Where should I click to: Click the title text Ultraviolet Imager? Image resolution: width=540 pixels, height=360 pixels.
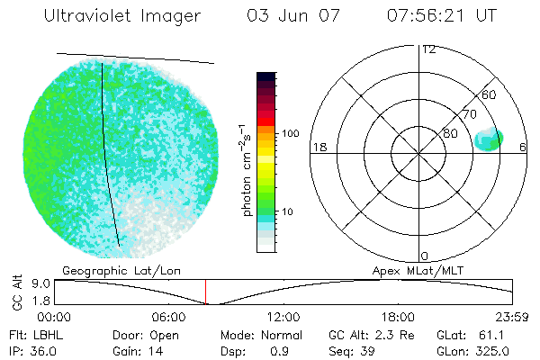tap(122, 16)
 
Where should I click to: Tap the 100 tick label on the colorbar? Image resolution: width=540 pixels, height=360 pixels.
tap(291, 133)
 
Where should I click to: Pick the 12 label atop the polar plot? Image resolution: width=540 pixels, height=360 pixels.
tap(428, 49)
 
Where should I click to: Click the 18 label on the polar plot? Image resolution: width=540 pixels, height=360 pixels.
tap(318, 147)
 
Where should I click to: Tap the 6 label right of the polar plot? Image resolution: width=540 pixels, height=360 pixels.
tap(523, 147)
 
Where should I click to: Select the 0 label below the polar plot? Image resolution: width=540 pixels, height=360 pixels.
tap(425, 256)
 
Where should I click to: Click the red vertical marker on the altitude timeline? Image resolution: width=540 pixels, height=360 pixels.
tap(205, 292)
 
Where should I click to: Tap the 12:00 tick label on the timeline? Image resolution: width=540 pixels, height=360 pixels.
tap(283, 317)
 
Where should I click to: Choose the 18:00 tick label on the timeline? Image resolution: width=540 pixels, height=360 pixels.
tap(398, 317)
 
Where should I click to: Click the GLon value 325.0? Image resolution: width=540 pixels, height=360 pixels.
tap(492, 351)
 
